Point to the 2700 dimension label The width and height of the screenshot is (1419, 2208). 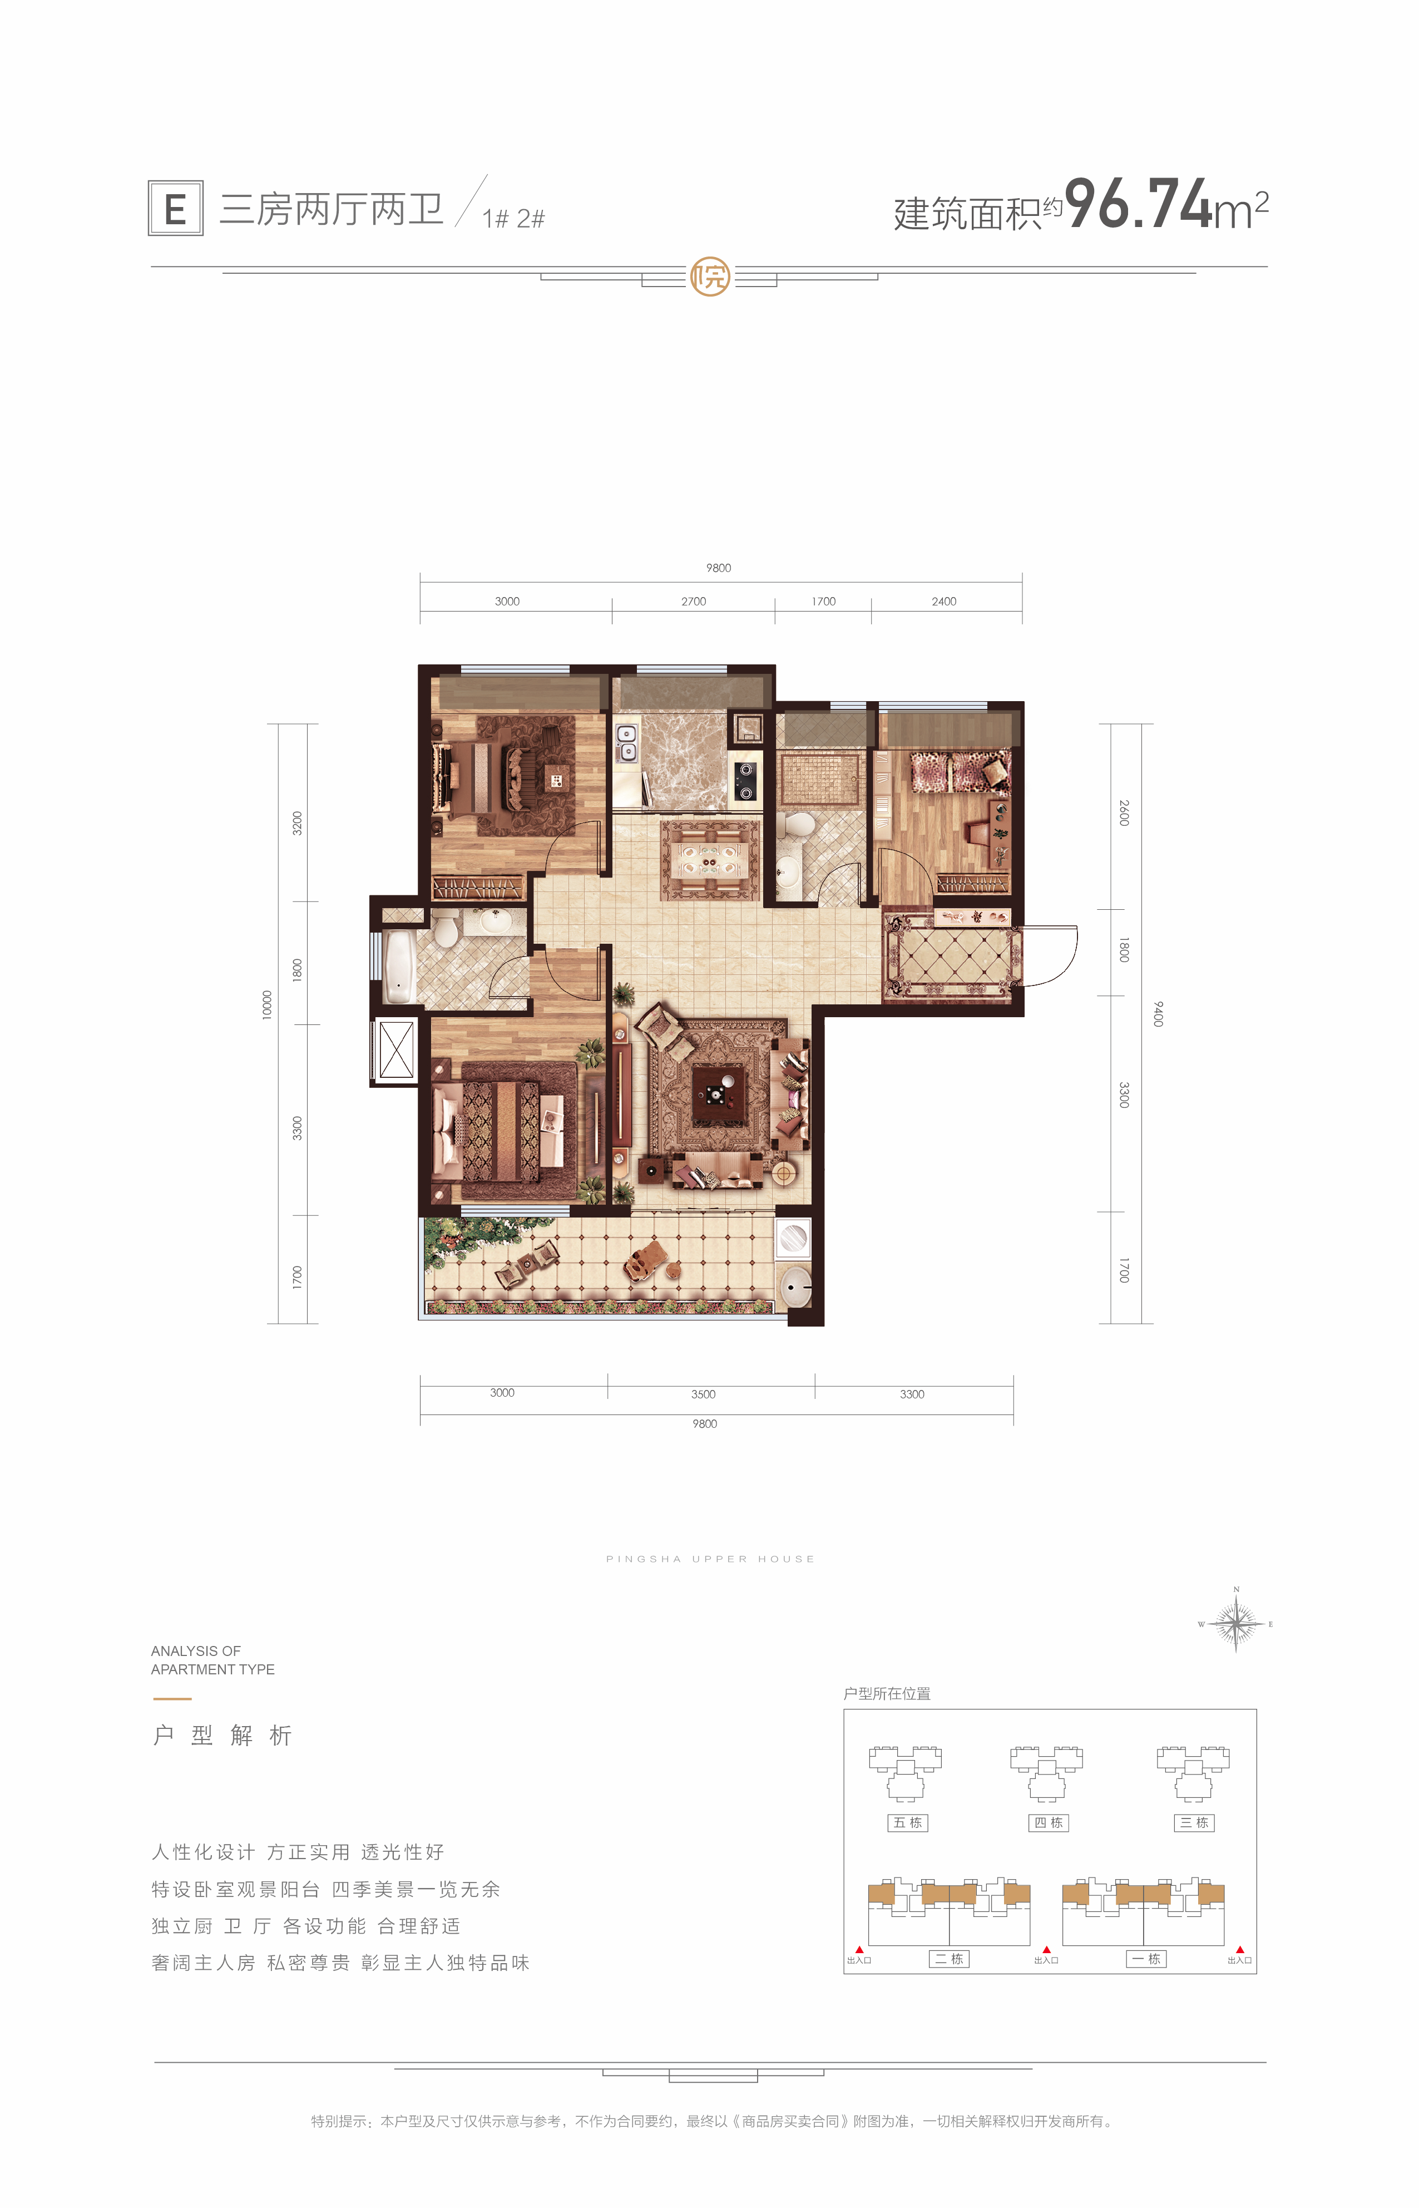click(x=693, y=602)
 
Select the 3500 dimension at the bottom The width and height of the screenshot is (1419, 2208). click(x=703, y=1394)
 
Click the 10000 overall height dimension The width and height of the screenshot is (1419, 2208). click(x=267, y=1004)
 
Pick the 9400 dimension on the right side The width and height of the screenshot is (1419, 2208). click(x=1158, y=1014)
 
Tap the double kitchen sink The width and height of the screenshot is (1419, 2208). click(x=626, y=743)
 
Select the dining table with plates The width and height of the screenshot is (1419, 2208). click(x=710, y=859)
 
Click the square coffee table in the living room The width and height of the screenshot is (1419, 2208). click(x=719, y=1095)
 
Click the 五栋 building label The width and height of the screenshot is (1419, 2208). click(x=908, y=1822)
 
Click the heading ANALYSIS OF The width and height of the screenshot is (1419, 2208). click(x=195, y=1650)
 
